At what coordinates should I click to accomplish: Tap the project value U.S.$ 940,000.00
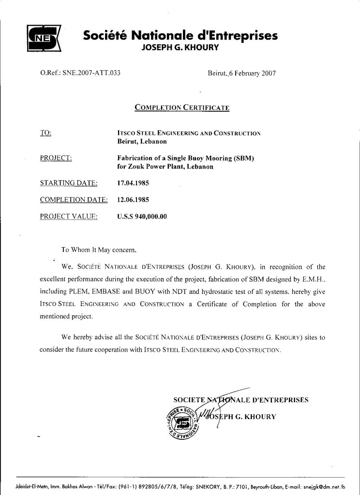coord(142,217)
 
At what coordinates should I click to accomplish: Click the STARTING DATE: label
coord(69,183)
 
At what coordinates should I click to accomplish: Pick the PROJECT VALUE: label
coord(69,217)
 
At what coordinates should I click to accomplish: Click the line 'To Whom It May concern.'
coord(99,250)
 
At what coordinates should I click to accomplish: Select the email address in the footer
coord(324,487)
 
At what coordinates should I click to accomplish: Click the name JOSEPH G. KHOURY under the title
coord(180,47)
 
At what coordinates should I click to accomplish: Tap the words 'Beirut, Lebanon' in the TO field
coord(142,141)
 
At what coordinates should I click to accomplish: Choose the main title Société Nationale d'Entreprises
coord(180,35)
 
